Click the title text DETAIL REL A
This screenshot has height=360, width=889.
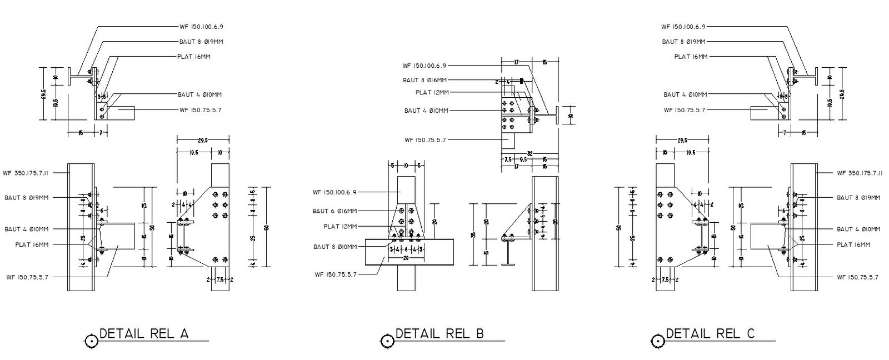pyautogui.click(x=144, y=334)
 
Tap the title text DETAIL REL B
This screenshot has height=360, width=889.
pyautogui.click(x=439, y=334)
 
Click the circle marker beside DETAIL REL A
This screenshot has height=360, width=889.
pyautogui.click(x=91, y=341)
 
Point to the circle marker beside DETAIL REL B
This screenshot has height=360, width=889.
pyautogui.click(x=387, y=341)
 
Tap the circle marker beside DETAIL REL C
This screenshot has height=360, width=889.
pyautogui.click(x=657, y=341)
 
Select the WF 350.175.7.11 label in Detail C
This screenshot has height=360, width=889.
pyautogui.click(x=860, y=173)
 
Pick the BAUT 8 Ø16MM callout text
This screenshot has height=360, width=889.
pyautogui.click(x=424, y=81)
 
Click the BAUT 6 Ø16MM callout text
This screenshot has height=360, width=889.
pyautogui.click(x=334, y=211)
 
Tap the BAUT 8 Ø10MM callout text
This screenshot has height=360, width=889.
pyautogui.click(x=335, y=247)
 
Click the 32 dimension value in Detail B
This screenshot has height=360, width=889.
pyautogui.click(x=530, y=153)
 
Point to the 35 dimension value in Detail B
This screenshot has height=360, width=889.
pyautogui.click(x=473, y=234)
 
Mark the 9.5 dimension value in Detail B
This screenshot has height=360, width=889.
pyautogui.click(x=523, y=159)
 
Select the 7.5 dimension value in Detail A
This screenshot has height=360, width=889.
pyautogui.click(x=220, y=280)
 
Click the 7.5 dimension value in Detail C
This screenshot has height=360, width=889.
pyautogui.click(x=665, y=280)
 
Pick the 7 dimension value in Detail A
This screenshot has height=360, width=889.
pyautogui.click(x=101, y=133)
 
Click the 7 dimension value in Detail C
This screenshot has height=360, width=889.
pyautogui.click(x=785, y=133)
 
